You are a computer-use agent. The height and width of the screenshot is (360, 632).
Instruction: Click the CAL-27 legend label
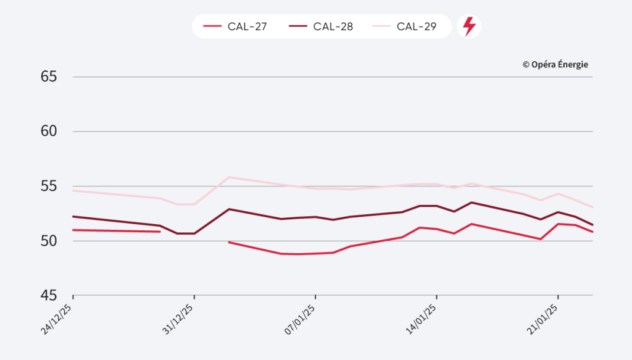pos(246,27)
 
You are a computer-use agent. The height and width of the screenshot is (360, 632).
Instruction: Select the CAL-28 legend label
pos(333,27)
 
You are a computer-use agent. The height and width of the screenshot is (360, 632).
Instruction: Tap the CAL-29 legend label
pos(417,27)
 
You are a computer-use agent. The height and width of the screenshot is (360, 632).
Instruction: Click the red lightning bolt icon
pos(469,27)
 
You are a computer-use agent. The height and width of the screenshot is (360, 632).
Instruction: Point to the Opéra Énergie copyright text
pos(555,64)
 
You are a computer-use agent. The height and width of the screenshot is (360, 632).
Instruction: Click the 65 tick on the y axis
pos(49,77)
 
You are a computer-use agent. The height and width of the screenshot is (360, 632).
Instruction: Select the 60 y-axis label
pos(49,132)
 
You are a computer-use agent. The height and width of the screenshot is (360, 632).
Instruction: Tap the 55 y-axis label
pos(49,186)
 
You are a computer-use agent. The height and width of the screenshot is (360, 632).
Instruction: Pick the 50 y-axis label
pos(49,241)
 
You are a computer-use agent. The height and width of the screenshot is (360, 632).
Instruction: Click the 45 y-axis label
pos(49,295)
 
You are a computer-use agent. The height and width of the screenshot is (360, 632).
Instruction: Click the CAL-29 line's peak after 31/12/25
pos(229,177)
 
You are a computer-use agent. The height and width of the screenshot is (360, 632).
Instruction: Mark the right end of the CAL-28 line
pos(592,224)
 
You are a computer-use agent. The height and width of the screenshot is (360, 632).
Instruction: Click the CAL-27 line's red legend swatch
pos(212,27)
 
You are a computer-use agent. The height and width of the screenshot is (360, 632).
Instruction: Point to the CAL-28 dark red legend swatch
pos(297,27)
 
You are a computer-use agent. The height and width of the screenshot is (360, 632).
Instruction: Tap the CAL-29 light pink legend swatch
pos(381,27)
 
